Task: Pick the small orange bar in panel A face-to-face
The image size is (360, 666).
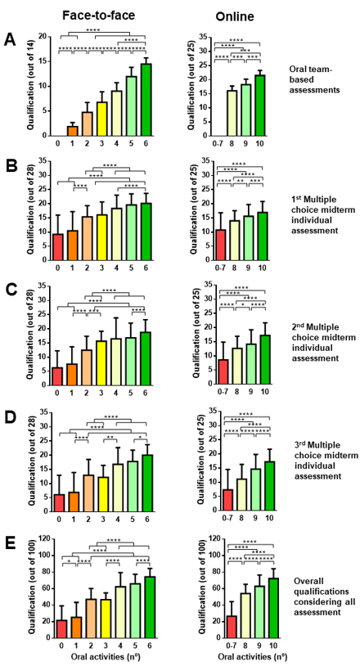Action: click(72, 130)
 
